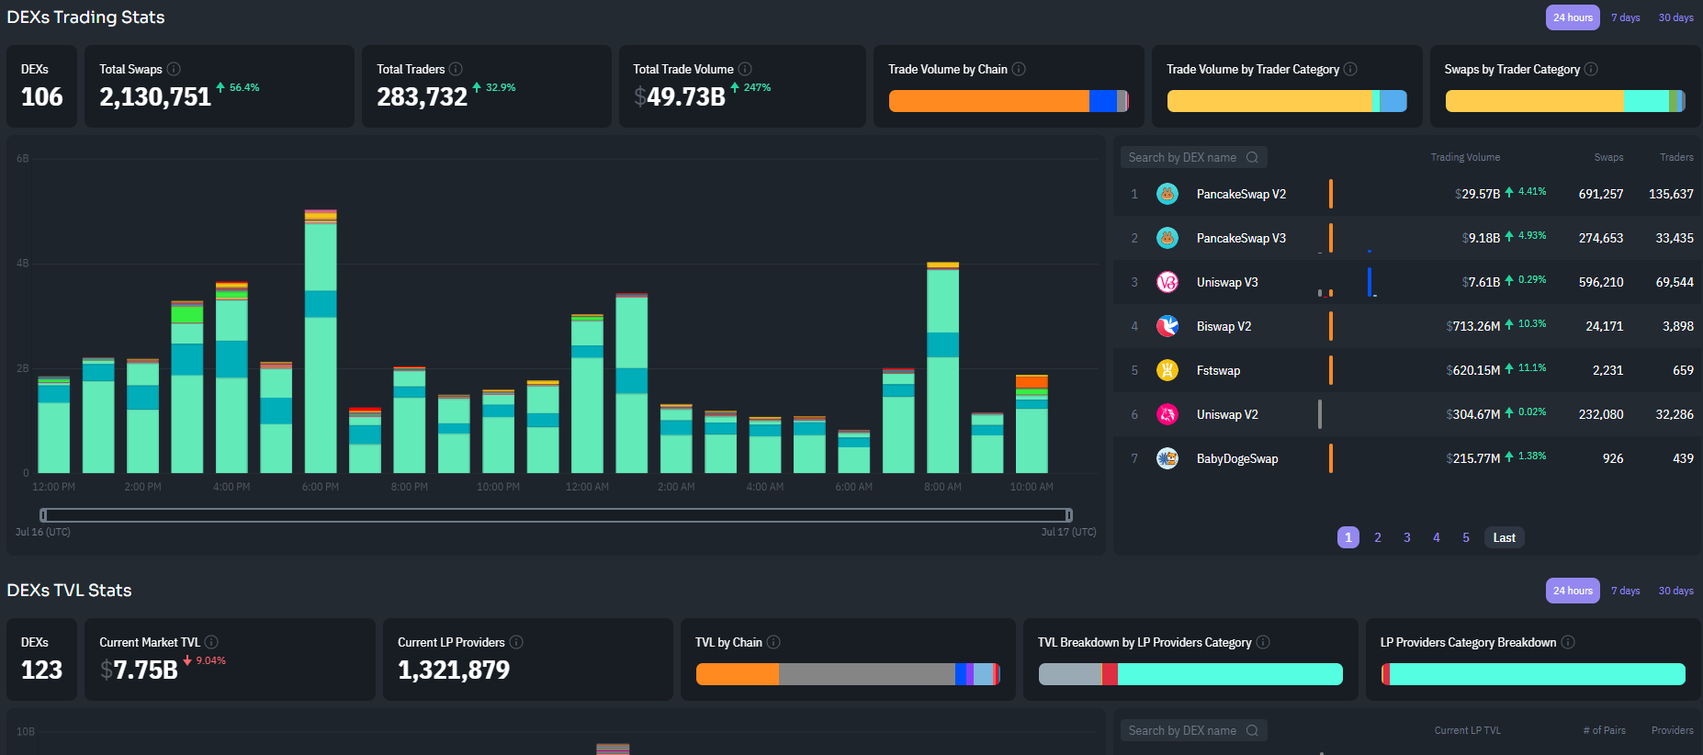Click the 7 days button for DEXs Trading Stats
(1625, 17)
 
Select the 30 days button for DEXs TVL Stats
(1675, 591)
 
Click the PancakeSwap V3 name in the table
(1241, 238)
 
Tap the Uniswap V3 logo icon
(1167, 282)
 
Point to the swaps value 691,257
(1600, 194)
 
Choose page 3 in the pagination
(1406, 537)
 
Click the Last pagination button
(1504, 537)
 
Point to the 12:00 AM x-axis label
(587, 487)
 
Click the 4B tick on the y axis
(22, 264)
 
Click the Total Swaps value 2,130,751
(155, 96)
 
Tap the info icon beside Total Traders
(456, 69)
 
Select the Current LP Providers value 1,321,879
(453, 670)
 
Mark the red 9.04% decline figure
(209, 660)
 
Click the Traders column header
(1675, 157)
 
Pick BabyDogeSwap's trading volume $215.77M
(1472, 458)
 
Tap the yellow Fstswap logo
(1167, 370)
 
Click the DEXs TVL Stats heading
(69, 591)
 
